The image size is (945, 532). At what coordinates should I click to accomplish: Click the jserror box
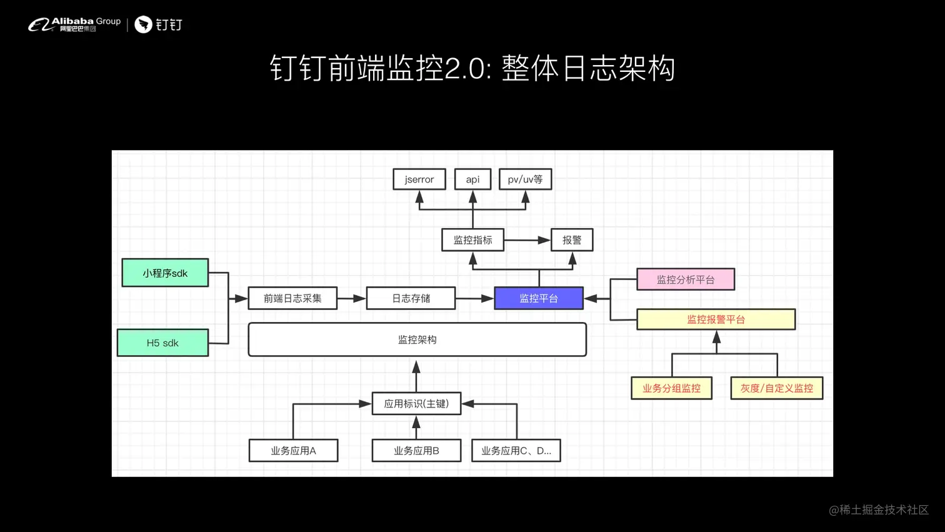(x=419, y=179)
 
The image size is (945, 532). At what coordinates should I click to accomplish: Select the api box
(x=472, y=179)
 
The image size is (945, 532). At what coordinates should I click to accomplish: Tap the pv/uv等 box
(x=525, y=179)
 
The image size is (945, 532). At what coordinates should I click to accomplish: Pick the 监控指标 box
(x=472, y=240)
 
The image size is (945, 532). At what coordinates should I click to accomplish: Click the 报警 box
(x=571, y=240)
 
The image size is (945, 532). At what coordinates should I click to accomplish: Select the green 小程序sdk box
(x=165, y=273)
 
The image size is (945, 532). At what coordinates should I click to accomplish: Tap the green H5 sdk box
(x=162, y=343)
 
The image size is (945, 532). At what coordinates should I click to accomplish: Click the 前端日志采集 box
(x=292, y=298)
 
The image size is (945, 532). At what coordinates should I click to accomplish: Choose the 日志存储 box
(x=411, y=298)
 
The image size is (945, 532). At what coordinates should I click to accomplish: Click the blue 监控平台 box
(x=539, y=298)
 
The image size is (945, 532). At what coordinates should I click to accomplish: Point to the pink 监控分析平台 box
(x=686, y=279)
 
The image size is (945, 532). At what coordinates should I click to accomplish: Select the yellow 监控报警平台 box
(x=716, y=319)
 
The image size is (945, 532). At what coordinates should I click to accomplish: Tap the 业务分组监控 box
(x=671, y=388)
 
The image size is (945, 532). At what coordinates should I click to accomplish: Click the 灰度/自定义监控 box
(x=776, y=388)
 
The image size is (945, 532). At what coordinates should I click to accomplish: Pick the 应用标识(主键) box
(x=416, y=404)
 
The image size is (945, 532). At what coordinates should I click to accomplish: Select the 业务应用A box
(x=293, y=450)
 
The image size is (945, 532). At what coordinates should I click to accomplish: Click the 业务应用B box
(x=416, y=450)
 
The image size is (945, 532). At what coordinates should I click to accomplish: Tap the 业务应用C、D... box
(x=516, y=450)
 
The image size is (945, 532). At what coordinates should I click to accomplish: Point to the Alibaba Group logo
(x=74, y=24)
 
